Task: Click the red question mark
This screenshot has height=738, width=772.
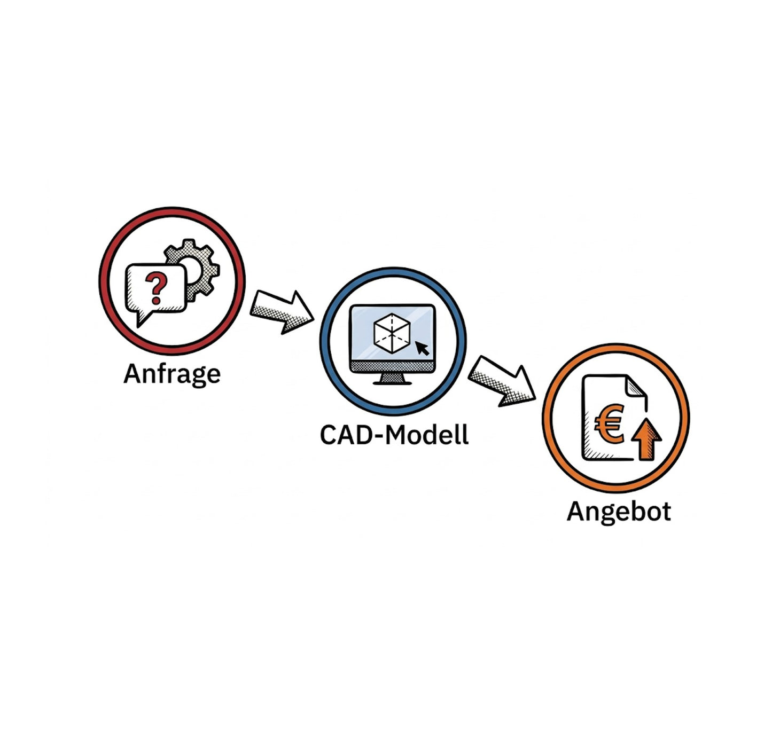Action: pyautogui.click(x=156, y=287)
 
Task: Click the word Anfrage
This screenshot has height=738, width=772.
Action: pyautogui.click(x=172, y=374)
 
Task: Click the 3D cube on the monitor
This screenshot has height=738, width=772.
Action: pyautogui.click(x=392, y=333)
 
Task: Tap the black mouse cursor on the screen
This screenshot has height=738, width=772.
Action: pyautogui.click(x=422, y=348)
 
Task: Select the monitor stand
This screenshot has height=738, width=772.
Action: pyautogui.click(x=392, y=379)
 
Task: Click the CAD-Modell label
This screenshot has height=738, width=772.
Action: pyautogui.click(x=394, y=435)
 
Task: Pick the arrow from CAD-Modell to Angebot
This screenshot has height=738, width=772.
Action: pyautogui.click(x=502, y=381)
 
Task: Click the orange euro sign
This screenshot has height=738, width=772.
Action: pyautogui.click(x=609, y=425)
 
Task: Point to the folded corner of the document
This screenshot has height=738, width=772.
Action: pyautogui.click(x=636, y=386)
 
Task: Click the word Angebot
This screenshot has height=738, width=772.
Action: pyautogui.click(x=619, y=512)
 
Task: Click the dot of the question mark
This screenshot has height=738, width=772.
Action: pyautogui.click(x=157, y=301)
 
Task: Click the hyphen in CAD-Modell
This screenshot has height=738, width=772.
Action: pyautogui.click(x=378, y=436)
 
